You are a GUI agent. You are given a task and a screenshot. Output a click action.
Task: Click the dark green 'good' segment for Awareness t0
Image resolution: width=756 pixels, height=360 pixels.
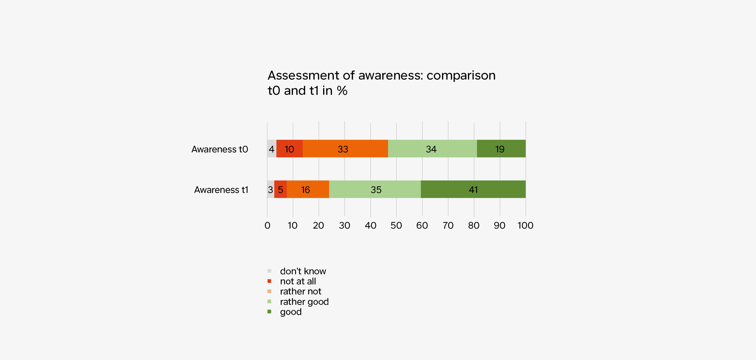click(x=501, y=149)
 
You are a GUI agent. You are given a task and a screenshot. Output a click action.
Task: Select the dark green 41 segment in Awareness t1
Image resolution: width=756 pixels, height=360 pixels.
click(x=473, y=189)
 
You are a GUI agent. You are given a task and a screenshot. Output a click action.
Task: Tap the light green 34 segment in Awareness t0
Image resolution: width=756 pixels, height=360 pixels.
click(x=432, y=149)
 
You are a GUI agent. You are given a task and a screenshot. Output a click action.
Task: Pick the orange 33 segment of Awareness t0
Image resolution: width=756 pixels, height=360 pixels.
click(x=345, y=149)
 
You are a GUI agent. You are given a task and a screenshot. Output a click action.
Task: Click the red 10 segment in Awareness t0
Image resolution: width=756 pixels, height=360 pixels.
click(x=290, y=149)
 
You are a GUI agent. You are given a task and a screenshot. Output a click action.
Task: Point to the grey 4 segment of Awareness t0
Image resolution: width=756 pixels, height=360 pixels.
click(x=271, y=149)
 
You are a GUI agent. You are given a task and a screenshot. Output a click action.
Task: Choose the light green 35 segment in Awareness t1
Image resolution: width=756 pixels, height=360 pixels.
click(x=375, y=189)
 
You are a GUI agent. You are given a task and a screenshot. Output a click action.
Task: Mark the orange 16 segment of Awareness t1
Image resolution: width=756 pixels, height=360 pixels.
click(x=308, y=189)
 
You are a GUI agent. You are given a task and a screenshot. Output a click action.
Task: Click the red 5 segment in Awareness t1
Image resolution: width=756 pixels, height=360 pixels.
click(x=281, y=189)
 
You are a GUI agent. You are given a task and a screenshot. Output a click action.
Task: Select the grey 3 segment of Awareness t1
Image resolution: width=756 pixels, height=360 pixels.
click(x=270, y=189)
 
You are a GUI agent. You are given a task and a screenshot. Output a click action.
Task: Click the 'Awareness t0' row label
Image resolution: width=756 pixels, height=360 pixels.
click(x=220, y=149)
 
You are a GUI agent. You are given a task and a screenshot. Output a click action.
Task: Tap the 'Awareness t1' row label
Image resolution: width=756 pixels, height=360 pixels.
click(x=221, y=190)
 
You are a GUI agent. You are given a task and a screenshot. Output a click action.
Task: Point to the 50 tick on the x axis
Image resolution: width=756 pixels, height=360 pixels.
click(x=396, y=226)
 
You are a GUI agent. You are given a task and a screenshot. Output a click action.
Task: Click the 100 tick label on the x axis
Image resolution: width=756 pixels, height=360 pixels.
click(x=526, y=226)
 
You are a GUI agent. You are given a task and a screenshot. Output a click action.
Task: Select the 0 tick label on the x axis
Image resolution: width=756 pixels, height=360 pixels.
click(x=267, y=226)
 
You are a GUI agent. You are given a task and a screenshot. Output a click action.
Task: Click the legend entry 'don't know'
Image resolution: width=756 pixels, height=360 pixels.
click(x=303, y=271)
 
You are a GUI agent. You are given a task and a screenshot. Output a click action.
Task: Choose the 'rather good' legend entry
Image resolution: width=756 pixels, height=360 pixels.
click(x=304, y=302)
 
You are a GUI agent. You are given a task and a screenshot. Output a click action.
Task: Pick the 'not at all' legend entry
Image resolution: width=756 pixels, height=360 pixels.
click(x=298, y=281)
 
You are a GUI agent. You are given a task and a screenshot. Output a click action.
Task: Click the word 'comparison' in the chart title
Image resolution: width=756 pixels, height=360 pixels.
click(x=461, y=75)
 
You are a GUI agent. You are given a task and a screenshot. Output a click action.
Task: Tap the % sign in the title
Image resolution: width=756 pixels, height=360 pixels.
click(x=342, y=91)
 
